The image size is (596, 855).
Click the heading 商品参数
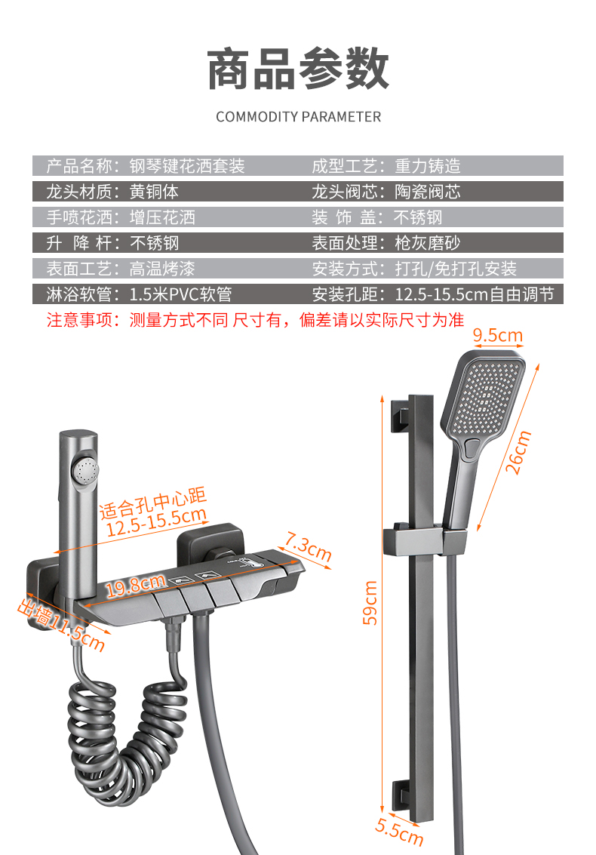coord(298,69)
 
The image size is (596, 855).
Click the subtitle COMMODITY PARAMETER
coord(298,117)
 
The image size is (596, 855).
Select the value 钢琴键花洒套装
coord(187,166)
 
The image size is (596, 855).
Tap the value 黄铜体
coord(154,192)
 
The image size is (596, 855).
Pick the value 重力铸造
coord(427,166)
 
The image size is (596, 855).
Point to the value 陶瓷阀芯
coord(427,192)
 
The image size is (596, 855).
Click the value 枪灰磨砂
coord(427,243)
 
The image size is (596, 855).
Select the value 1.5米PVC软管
coord(181,294)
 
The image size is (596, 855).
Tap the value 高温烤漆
coord(162,269)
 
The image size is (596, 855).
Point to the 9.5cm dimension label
coord(497,335)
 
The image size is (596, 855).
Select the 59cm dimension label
coord(370,601)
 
